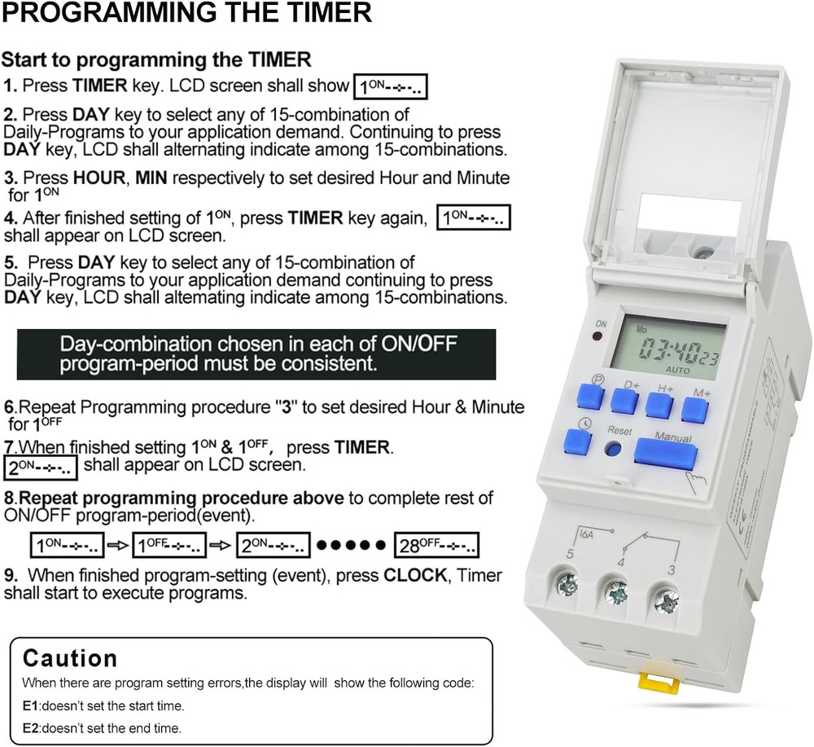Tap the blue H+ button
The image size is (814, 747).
660,406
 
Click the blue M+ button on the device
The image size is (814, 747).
695,410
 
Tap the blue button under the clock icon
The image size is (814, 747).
577,442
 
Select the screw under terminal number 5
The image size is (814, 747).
567,584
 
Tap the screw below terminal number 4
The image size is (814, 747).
615,591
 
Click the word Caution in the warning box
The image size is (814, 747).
70,658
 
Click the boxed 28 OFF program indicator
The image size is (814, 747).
437,545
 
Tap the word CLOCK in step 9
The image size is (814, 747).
415,575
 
